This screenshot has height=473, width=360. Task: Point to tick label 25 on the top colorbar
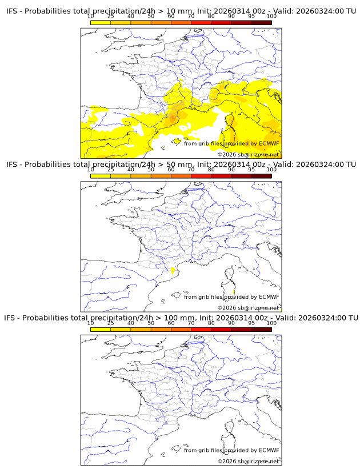click(x=110, y=17)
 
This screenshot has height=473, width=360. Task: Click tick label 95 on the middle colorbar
click(x=251, y=170)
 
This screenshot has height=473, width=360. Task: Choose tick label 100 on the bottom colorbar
click(x=271, y=323)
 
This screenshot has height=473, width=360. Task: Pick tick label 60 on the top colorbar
click(x=171, y=17)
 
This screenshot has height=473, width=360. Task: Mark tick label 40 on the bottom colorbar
click(x=131, y=323)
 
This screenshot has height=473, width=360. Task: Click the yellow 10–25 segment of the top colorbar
click(x=100, y=22)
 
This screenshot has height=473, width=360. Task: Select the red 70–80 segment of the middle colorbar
click(x=201, y=175)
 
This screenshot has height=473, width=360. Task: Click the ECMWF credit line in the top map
click(x=231, y=144)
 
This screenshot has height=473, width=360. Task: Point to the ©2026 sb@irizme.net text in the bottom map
click(x=248, y=461)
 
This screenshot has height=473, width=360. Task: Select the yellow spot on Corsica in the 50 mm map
click(x=234, y=292)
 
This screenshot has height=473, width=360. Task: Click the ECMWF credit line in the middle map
click(x=231, y=297)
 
